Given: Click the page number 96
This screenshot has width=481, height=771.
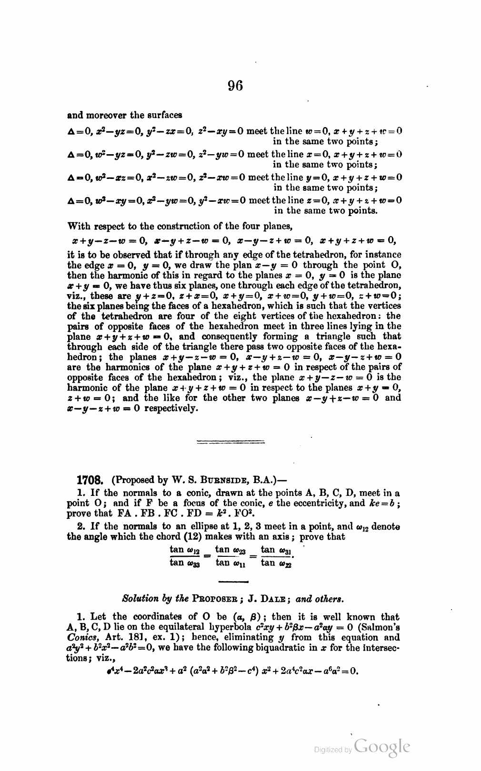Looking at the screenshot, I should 235,86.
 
